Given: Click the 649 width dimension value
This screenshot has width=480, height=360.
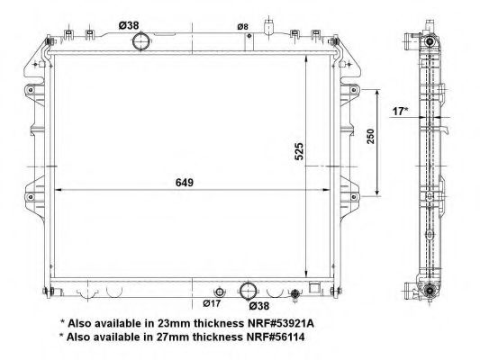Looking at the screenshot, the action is coord(185,183).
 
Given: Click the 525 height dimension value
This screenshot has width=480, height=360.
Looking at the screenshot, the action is coord(299,151).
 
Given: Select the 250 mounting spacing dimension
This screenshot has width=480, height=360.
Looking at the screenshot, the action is coord(370,136).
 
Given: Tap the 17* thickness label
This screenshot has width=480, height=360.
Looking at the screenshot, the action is coord(400,112).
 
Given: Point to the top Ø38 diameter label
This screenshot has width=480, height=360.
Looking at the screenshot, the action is coord(129,25).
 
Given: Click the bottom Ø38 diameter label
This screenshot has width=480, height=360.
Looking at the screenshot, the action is coord(259,306).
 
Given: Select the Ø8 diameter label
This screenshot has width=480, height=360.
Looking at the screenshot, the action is coord(242,27).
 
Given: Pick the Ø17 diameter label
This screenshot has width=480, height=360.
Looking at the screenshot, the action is coord(212,303).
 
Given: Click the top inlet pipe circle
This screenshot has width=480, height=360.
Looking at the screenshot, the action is coord(140,41).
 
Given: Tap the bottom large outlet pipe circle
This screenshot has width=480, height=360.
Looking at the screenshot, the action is coord(248,291).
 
